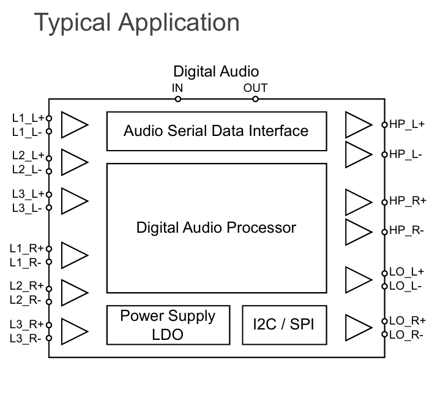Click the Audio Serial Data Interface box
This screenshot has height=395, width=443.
pyautogui.click(x=216, y=131)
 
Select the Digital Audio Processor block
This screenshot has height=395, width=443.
pyautogui.click(x=216, y=228)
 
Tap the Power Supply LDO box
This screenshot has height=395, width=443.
pyautogui.click(x=167, y=325)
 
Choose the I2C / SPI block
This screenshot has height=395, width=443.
pyautogui.click(x=283, y=325)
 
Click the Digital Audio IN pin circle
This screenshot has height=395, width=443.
pyautogui.click(x=178, y=99)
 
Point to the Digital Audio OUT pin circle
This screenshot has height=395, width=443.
pyautogui.click(x=255, y=99)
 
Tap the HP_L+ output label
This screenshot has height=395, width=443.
pyautogui.click(x=407, y=124)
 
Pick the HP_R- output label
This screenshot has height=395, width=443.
pyautogui.click(x=407, y=231)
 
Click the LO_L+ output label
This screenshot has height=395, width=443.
pyautogui.click(x=407, y=272)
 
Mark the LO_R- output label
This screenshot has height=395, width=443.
pyautogui.click(x=407, y=334)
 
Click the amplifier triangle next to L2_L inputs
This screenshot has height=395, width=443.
pyautogui.click(x=75, y=163)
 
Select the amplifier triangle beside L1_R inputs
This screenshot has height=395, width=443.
pyautogui.click(x=75, y=255)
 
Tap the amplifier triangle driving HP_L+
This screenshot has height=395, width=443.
pyautogui.click(x=358, y=124)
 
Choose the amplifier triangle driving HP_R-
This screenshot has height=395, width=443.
pyautogui.click(x=358, y=231)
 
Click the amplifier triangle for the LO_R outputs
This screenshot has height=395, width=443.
pyautogui.click(x=358, y=326)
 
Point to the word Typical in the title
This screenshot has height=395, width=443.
pyautogui.click(x=72, y=23)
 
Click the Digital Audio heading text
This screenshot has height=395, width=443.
pyautogui.click(x=216, y=72)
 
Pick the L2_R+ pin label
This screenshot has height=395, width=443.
pyautogui.click(x=27, y=286)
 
